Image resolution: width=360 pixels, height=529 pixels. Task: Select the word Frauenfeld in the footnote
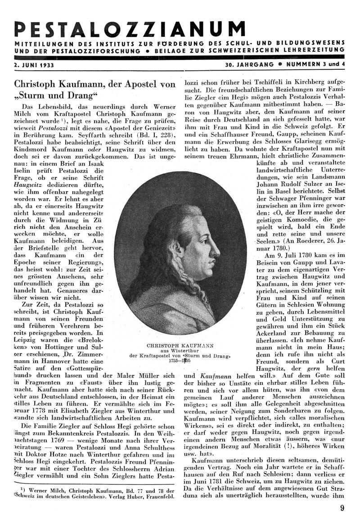(160, 497)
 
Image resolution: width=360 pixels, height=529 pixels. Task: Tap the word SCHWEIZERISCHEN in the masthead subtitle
(247, 51)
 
